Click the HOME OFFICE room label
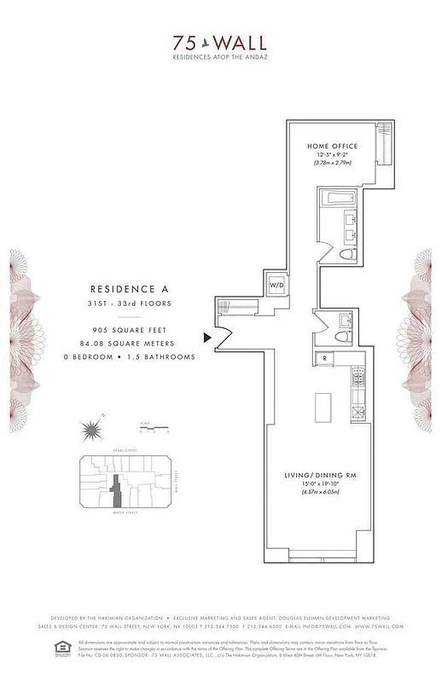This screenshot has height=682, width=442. point(332,146)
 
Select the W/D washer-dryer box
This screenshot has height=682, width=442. point(276,284)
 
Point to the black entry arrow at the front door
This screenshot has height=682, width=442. point(206,338)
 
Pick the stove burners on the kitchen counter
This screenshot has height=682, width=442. point(358,379)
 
